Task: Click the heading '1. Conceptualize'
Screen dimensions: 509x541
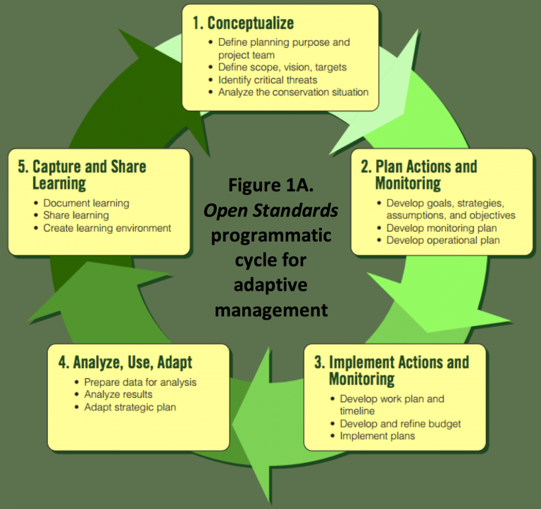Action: (244, 23)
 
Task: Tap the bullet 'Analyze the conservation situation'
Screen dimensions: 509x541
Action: (293, 92)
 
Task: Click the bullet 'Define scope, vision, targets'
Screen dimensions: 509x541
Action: (282, 67)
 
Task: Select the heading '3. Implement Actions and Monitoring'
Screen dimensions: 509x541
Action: (391, 370)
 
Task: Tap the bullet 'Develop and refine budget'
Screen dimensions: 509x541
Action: (399, 423)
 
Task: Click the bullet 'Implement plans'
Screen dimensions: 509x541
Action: (377, 436)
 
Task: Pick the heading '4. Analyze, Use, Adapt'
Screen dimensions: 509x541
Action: (125, 363)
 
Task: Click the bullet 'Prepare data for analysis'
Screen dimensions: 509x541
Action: (140, 382)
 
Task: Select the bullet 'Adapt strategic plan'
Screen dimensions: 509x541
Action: (130, 407)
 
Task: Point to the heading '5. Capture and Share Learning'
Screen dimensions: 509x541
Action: (82, 175)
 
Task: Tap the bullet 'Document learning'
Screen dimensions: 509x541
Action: (86, 203)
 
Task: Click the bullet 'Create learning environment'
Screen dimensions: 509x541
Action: (107, 228)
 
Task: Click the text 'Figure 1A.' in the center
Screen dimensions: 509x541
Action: (270, 188)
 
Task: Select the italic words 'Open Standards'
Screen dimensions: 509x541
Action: (270, 211)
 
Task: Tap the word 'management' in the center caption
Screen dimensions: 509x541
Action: (270, 309)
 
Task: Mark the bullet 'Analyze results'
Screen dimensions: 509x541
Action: (118, 394)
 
